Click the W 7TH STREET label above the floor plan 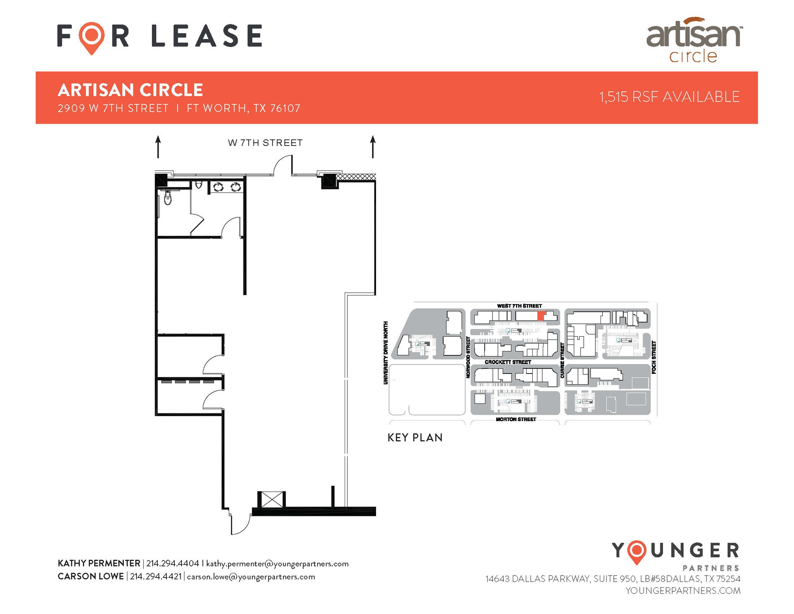pyautogui.click(x=265, y=143)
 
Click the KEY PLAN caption pyautogui.click(x=415, y=438)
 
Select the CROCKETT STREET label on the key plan pyautogui.click(x=508, y=362)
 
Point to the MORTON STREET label pyautogui.click(x=516, y=419)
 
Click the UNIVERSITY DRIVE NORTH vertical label pyautogui.click(x=386, y=353)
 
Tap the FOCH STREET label pyautogui.click(x=654, y=357)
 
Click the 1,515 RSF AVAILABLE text pyautogui.click(x=669, y=97)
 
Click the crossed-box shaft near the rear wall pyautogui.click(x=272, y=500)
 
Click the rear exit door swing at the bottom pyautogui.click(x=240, y=524)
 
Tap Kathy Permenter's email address pyautogui.click(x=277, y=564)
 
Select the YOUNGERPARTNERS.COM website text pyautogui.click(x=683, y=590)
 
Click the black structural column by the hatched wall pyautogui.click(x=330, y=180)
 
